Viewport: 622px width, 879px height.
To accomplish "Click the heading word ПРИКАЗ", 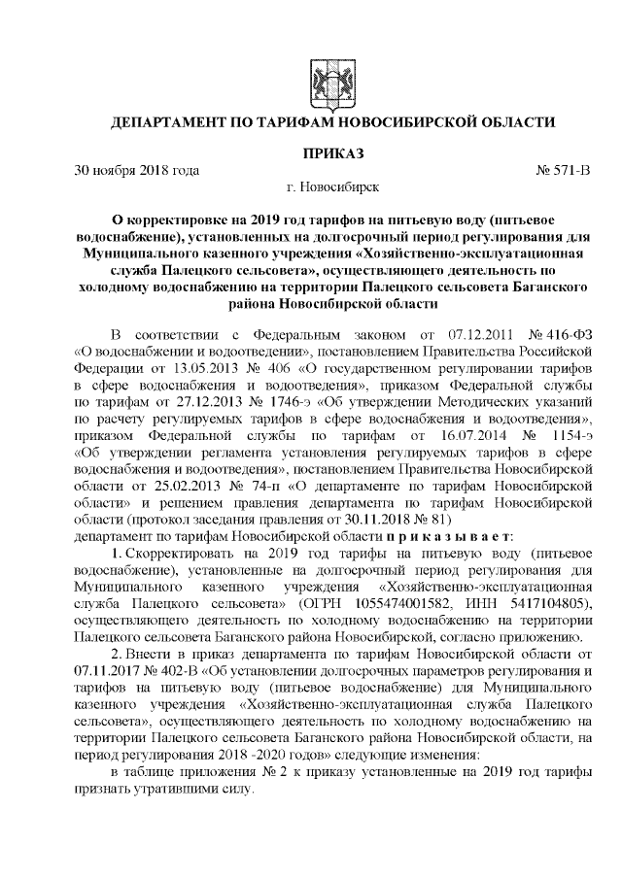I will pos(332,153).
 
